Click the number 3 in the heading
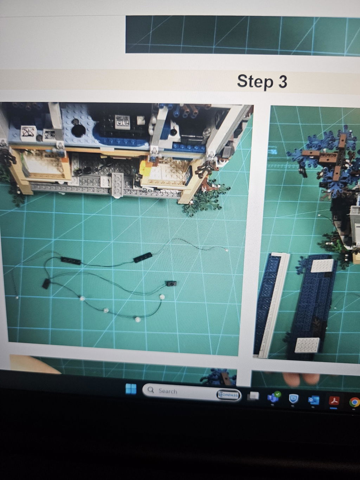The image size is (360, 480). [282, 81]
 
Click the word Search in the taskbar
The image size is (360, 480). [168, 391]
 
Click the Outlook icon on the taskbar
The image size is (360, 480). [314, 400]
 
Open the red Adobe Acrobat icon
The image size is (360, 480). [334, 401]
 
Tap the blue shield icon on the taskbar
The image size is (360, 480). [293, 399]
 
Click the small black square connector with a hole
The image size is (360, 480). [171, 284]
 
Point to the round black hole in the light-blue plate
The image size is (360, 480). [78, 130]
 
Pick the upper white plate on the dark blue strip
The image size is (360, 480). [323, 266]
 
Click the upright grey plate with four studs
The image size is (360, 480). [117, 185]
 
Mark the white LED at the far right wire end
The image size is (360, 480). [227, 251]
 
